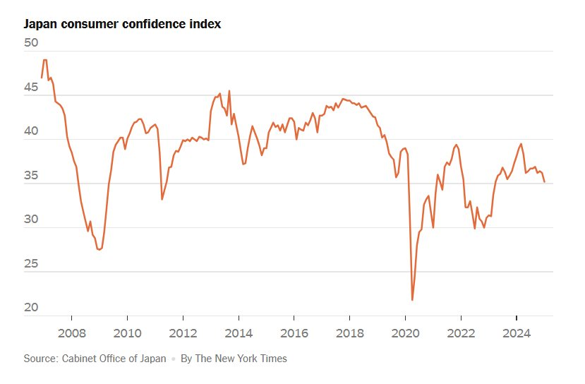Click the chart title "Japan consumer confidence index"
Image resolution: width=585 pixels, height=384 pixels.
click(122, 24)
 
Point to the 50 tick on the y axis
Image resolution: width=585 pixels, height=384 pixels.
click(31, 42)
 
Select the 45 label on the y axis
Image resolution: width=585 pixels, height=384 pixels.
click(31, 88)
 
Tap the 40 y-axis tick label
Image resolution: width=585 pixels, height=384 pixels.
click(31, 131)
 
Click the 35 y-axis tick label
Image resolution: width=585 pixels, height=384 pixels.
click(31, 176)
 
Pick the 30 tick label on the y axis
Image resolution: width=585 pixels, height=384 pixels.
click(31, 220)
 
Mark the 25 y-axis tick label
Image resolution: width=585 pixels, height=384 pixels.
click(31, 264)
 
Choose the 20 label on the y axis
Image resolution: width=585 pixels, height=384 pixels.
click(31, 308)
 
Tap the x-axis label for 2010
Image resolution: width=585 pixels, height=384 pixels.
click(126, 332)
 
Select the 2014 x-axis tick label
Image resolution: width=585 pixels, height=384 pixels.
click(239, 332)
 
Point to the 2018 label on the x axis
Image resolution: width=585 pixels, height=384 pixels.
click(350, 332)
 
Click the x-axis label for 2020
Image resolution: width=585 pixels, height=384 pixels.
click(405, 332)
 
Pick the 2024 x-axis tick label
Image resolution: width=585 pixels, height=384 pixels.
click(517, 332)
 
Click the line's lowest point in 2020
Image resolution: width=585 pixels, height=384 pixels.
click(412, 300)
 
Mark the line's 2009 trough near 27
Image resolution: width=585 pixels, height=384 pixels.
click(99, 249)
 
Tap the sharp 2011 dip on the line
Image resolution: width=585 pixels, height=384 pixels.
click(162, 199)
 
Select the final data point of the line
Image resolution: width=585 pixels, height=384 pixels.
click(544, 182)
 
